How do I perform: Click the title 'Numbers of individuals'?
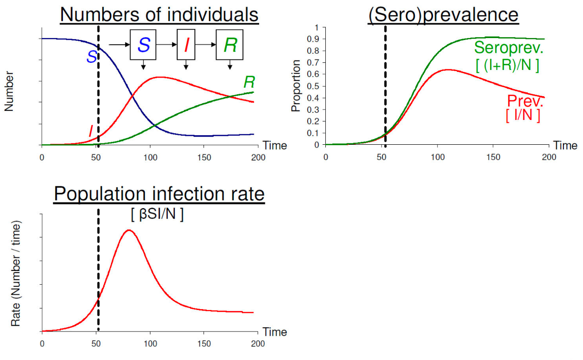pyautogui.click(x=159, y=15)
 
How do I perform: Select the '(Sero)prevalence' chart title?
pyautogui.click(x=442, y=15)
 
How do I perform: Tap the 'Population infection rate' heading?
pyautogui.click(x=159, y=194)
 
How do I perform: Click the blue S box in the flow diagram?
pyautogui.click(x=144, y=45)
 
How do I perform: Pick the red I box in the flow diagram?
pyautogui.click(x=186, y=45)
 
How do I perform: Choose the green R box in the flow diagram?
pyautogui.click(x=230, y=45)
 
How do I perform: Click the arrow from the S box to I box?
pyautogui.click(x=167, y=45)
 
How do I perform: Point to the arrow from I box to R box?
pyautogui.click(x=205, y=45)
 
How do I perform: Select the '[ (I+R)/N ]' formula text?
pyautogui.click(x=507, y=65)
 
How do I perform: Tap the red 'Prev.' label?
pyautogui.click(x=525, y=101)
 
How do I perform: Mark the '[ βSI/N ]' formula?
pyautogui.click(x=158, y=214)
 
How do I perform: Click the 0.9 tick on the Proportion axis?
pyautogui.click(x=315, y=39)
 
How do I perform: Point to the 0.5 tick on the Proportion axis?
pyautogui.click(x=315, y=86)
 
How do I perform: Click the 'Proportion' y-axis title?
pyautogui.click(x=296, y=86)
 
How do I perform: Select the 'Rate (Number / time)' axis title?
pyautogui.click(x=16, y=273)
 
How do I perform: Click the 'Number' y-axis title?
pyautogui.click(x=9, y=91)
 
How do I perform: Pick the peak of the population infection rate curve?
pyautogui.click(x=128, y=230)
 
